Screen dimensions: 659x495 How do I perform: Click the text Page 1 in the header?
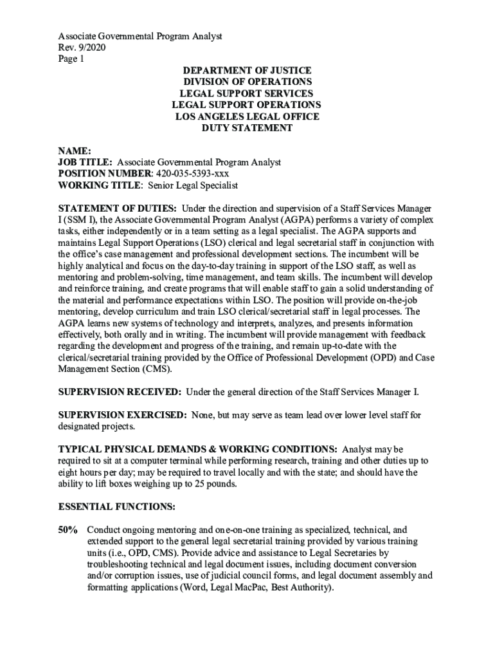pos(71,59)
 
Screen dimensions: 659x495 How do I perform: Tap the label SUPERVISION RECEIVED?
pos(120,391)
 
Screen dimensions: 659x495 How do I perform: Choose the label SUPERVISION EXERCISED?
pos(123,415)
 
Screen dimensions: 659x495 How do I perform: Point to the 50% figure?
pos(68,530)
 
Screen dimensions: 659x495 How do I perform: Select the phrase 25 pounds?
pos(215,484)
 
